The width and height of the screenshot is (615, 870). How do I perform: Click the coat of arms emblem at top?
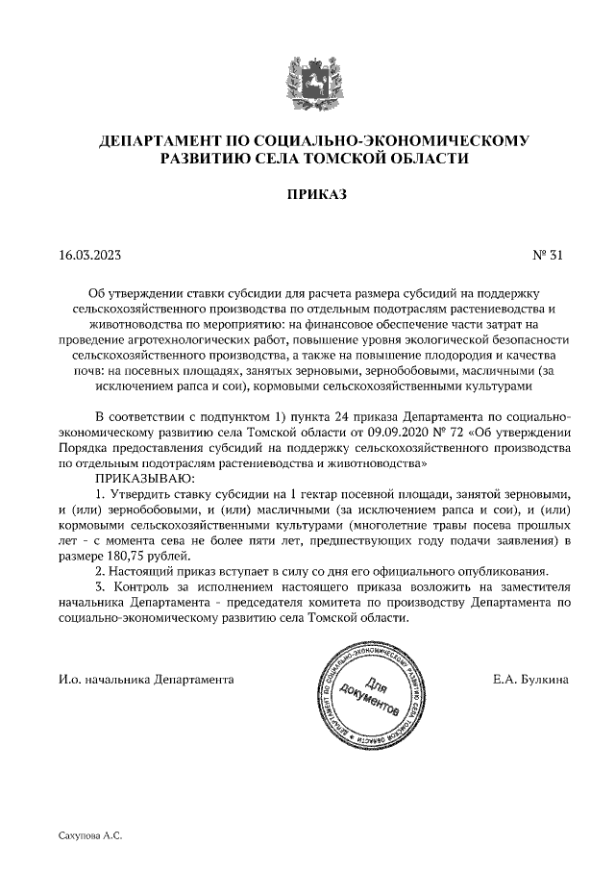click(307, 80)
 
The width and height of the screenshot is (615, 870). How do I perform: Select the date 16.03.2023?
click(89, 256)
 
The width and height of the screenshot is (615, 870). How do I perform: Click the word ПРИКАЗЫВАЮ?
click(145, 477)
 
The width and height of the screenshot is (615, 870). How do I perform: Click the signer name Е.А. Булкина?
click(529, 679)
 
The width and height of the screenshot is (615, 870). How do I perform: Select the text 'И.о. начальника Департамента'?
click(146, 679)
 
